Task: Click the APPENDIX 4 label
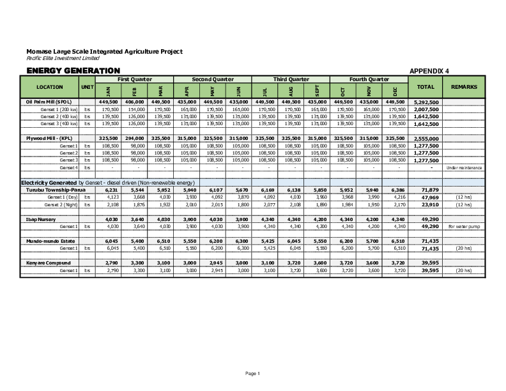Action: (429, 70)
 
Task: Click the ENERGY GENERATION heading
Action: (73, 70)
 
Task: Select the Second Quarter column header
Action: (212, 79)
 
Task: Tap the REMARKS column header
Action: (463, 86)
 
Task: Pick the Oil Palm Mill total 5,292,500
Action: (425, 102)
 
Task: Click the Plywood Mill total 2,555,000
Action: (425, 138)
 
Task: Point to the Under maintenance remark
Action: (464, 167)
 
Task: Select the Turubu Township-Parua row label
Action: (56, 190)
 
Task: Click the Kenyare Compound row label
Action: (49, 263)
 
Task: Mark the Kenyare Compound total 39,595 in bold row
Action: (425, 263)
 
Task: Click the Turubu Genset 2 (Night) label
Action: (61, 204)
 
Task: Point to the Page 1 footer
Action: (253, 372)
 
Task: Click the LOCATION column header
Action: (49, 86)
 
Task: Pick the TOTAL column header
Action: (425, 86)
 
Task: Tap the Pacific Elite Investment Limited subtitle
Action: (63, 58)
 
